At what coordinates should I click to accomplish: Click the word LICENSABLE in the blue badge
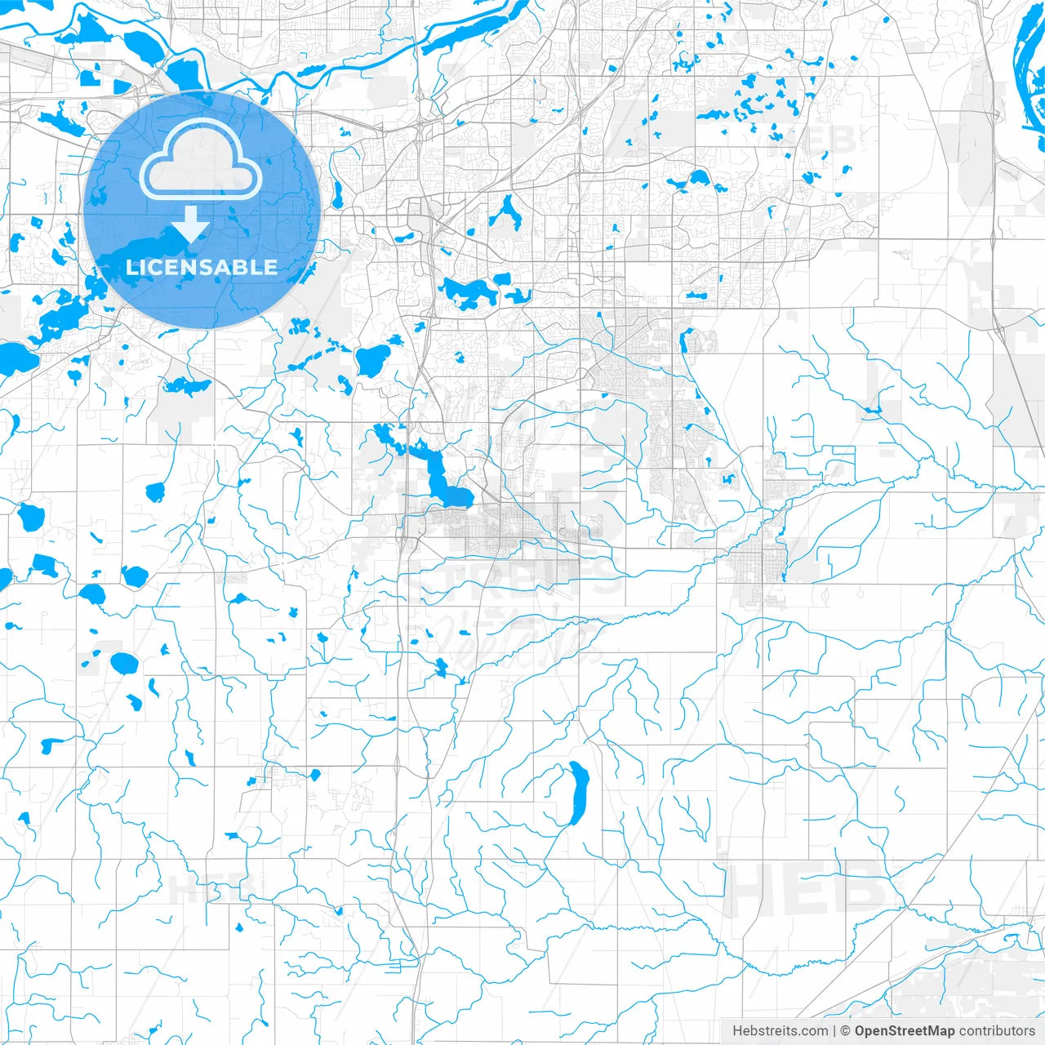tap(202, 267)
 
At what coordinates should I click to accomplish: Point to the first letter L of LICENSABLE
tap(131, 267)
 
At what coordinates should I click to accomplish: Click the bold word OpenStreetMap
tap(905, 1031)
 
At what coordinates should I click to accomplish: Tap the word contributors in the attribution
tap(997, 1031)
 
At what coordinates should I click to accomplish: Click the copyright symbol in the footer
tap(846, 1031)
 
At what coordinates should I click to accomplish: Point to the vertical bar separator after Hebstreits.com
tap(834, 1031)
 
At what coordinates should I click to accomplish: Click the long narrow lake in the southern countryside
tap(578, 792)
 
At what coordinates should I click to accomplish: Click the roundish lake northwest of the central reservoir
tap(372, 358)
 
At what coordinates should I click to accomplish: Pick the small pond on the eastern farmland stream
tap(873, 409)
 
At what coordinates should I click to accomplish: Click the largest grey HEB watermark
tap(804, 888)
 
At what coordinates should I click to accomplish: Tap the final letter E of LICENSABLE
tap(271, 267)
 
